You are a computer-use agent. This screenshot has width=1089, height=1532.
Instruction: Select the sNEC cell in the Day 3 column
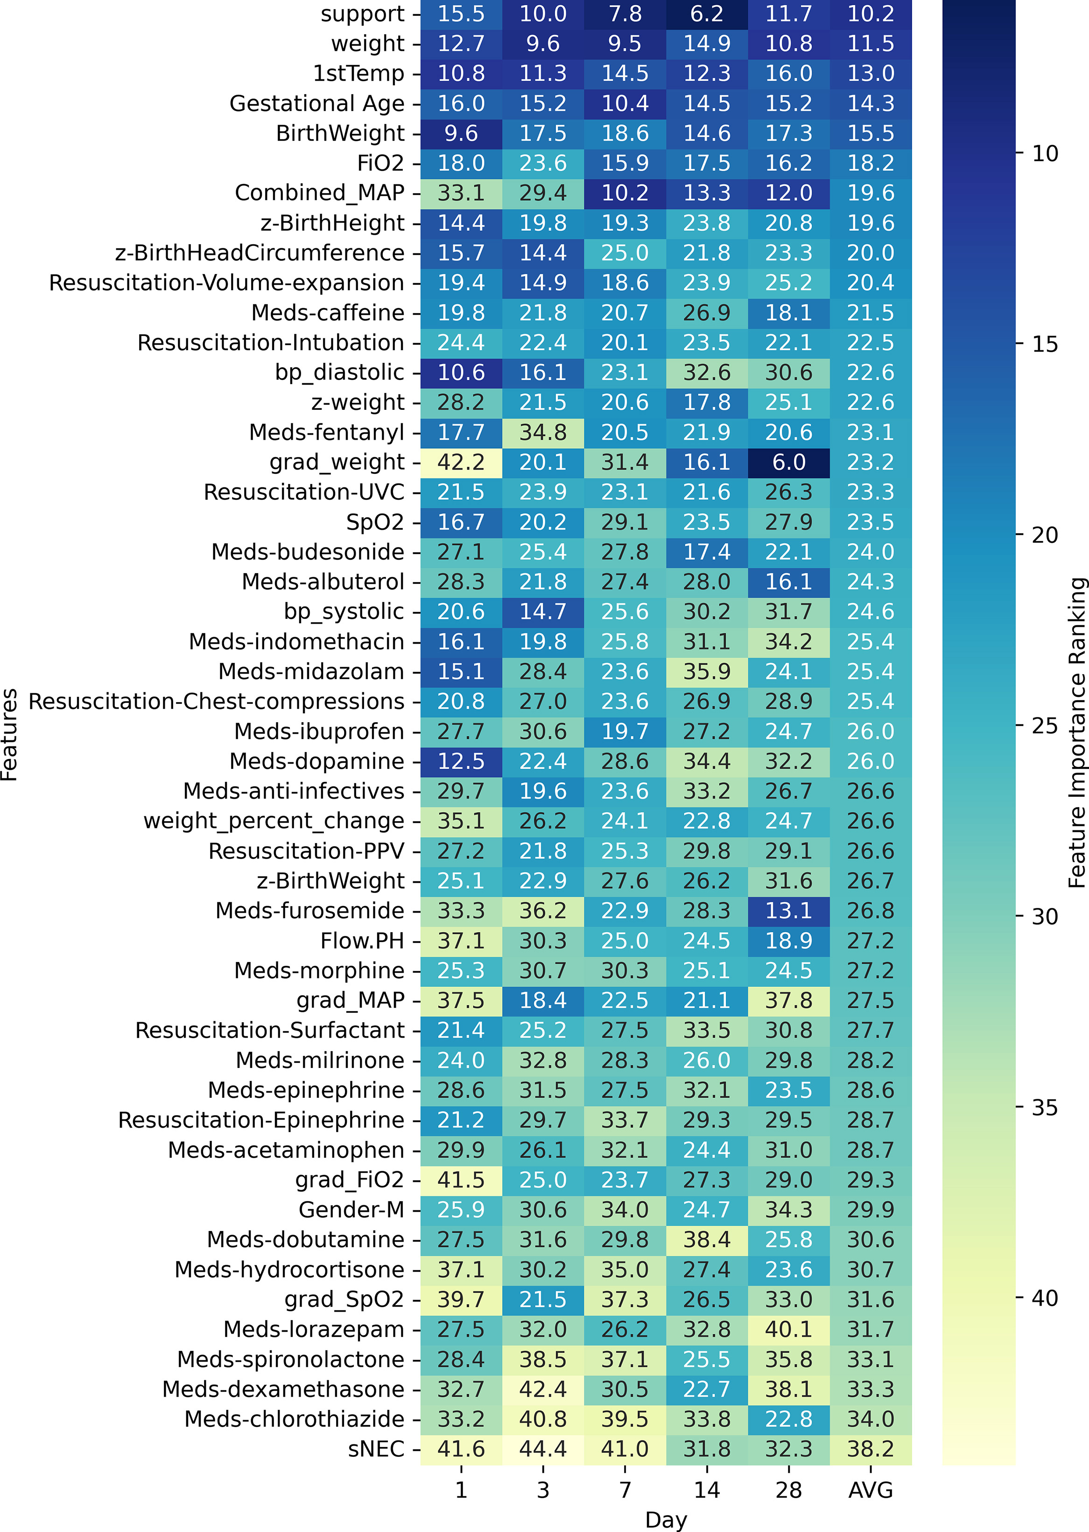pyautogui.click(x=543, y=1449)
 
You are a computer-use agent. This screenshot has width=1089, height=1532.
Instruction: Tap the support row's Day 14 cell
pyautogui.click(x=707, y=14)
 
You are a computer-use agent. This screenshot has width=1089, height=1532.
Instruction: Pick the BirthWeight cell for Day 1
pyautogui.click(x=461, y=134)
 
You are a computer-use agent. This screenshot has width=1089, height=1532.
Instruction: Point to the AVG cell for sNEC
pyautogui.click(x=871, y=1449)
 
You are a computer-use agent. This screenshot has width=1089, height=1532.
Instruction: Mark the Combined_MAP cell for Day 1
pyautogui.click(x=461, y=193)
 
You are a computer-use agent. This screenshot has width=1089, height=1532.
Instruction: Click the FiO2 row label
pyautogui.click(x=380, y=163)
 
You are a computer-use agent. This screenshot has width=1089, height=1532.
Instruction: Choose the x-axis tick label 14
pyautogui.click(x=707, y=1490)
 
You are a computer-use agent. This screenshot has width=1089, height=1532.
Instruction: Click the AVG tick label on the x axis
pyautogui.click(x=871, y=1490)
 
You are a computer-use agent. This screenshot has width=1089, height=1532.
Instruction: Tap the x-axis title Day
pyautogui.click(x=666, y=1519)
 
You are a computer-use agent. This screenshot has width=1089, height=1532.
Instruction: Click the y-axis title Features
pyautogui.click(x=9, y=735)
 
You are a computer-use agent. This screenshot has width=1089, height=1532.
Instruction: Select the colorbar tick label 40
pyautogui.click(x=1045, y=1298)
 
